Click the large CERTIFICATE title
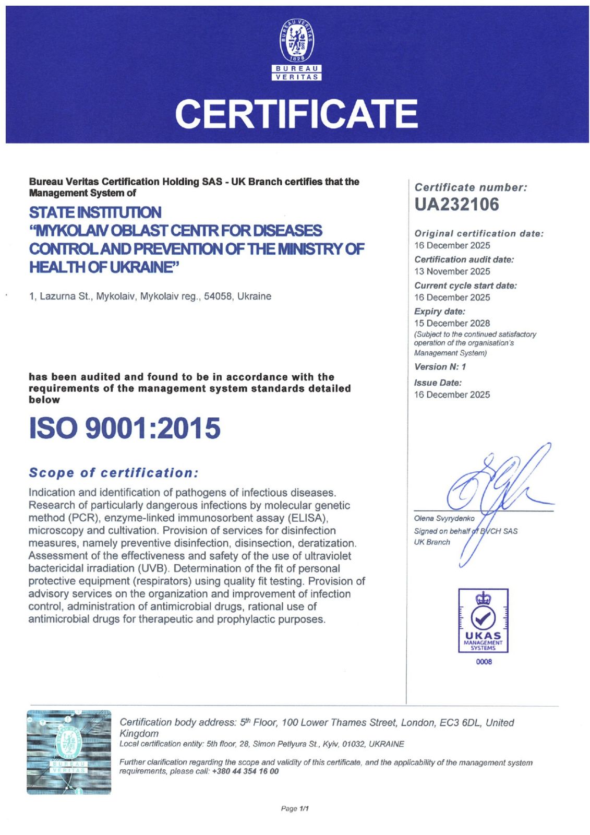(296, 114)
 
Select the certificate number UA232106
(456, 205)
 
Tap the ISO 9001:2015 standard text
(125, 428)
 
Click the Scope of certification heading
(114, 473)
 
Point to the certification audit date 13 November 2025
(452, 271)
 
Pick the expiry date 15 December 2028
(452, 324)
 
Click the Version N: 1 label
(440, 367)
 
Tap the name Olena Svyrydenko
(444, 518)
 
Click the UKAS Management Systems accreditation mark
(483, 621)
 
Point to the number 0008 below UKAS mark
(484, 662)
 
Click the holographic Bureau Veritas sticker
(69, 752)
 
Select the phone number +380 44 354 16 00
(245, 771)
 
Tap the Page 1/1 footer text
(295, 808)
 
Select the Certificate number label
(471, 187)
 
